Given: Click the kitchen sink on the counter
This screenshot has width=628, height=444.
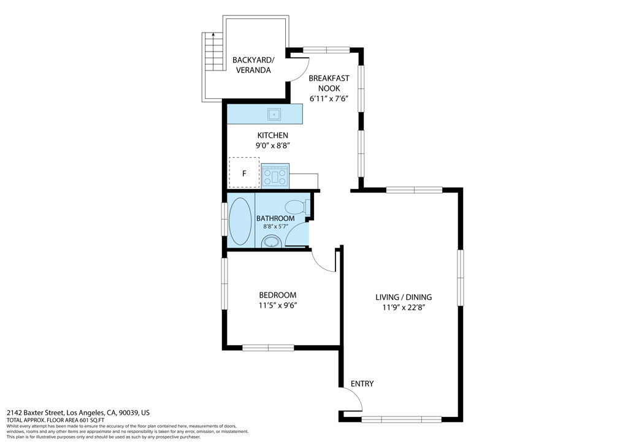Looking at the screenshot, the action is tap(274, 115).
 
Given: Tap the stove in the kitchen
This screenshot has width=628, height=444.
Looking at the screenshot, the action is tap(275, 176).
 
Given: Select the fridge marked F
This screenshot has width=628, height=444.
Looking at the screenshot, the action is tap(244, 172).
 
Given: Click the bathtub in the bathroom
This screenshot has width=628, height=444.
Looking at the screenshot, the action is tap(240, 221).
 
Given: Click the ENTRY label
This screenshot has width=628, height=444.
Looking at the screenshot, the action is tap(362, 383).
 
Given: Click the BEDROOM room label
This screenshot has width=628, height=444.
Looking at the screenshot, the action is tap(278, 295).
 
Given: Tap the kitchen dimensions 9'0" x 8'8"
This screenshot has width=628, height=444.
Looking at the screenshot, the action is tap(273, 146).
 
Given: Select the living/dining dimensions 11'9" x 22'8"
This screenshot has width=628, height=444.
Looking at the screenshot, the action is tap(404, 307).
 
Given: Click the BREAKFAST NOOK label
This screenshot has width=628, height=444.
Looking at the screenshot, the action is tap(329, 83).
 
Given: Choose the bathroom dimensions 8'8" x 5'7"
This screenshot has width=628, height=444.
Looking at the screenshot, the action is tap(275, 227).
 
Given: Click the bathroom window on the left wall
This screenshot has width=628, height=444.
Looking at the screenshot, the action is tap(224, 220).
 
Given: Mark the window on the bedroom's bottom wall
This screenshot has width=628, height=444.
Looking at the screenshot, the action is tap(269, 348).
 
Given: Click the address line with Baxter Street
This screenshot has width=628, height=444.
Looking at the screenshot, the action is tap(78, 413).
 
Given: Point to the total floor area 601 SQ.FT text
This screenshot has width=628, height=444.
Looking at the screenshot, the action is tap(56, 420).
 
